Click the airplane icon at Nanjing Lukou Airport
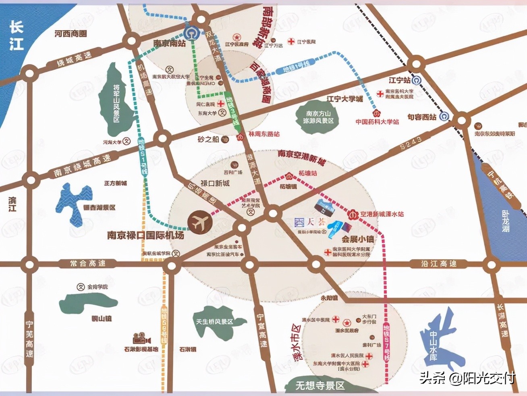(199, 221)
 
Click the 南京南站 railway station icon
(189, 32)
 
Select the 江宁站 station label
(399, 80)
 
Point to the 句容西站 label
(421, 117)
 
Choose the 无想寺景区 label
(320, 386)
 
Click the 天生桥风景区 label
(214, 321)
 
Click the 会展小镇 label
(357, 239)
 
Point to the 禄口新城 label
(215, 183)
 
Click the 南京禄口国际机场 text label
(145, 235)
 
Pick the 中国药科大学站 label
(377, 121)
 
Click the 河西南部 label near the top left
(71, 34)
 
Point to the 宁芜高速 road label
(30, 339)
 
